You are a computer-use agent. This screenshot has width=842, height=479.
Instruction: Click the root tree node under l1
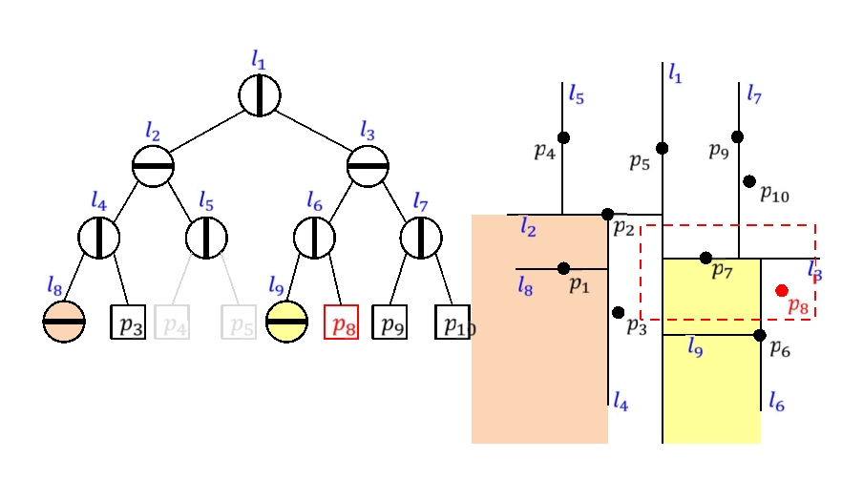pos(259,95)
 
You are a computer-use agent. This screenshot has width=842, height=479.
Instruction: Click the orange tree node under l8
pos(64,322)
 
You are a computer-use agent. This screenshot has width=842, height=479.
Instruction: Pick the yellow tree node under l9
pos(286,322)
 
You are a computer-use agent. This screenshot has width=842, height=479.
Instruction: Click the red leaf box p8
pos(341,323)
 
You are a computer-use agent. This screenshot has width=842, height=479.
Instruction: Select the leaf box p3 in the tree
pos(129,323)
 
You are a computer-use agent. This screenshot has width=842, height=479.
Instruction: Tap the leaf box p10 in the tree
pos(453,323)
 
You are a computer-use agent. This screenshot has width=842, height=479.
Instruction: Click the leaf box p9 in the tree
pos(389,323)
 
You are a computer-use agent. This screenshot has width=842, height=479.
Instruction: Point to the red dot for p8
pos(782,290)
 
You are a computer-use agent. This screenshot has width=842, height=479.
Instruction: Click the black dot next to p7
pos(705,258)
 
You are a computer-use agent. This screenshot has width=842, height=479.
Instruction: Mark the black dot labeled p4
pos(563,138)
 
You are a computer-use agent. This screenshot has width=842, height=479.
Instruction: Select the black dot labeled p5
pos(663,148)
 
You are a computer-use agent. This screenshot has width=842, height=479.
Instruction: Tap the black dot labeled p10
pos(749,181)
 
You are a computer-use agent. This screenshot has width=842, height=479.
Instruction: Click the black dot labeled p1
pos(563,268)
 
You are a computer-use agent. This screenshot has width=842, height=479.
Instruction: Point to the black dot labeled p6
pos(759,335)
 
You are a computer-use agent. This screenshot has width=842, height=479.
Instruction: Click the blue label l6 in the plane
pos(776,405)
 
